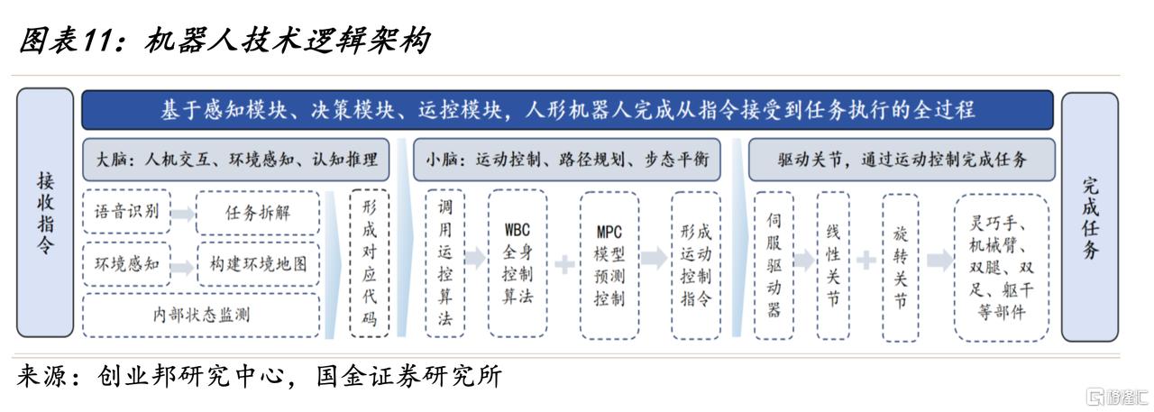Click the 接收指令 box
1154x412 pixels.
coord(45,213)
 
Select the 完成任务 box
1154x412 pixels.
coord(1090,216)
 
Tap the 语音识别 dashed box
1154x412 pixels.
coord(126,211)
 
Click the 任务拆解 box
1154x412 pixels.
coord(258,213)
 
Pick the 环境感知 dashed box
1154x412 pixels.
coord(126,264)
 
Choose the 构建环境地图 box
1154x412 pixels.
coord(258,264)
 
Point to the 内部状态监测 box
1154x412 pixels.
coord(201,316)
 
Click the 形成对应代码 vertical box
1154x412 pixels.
coord(369,263)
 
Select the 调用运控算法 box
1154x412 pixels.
coord(445,263)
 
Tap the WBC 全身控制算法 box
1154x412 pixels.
coord(517,263)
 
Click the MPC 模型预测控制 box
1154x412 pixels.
coord(609,265)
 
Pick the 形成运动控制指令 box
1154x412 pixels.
coord(696,265)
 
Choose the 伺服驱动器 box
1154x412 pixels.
coord(774,265)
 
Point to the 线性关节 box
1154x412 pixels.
coord(833,265)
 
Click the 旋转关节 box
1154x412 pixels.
coord(900,268)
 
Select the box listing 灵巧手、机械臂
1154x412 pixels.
coord(1002,268)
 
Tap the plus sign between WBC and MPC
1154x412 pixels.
coord(564,264)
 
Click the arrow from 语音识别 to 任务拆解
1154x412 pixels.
coord(183,213)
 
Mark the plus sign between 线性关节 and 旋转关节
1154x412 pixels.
coord(866,260)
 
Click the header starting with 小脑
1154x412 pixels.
coord(567,160)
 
